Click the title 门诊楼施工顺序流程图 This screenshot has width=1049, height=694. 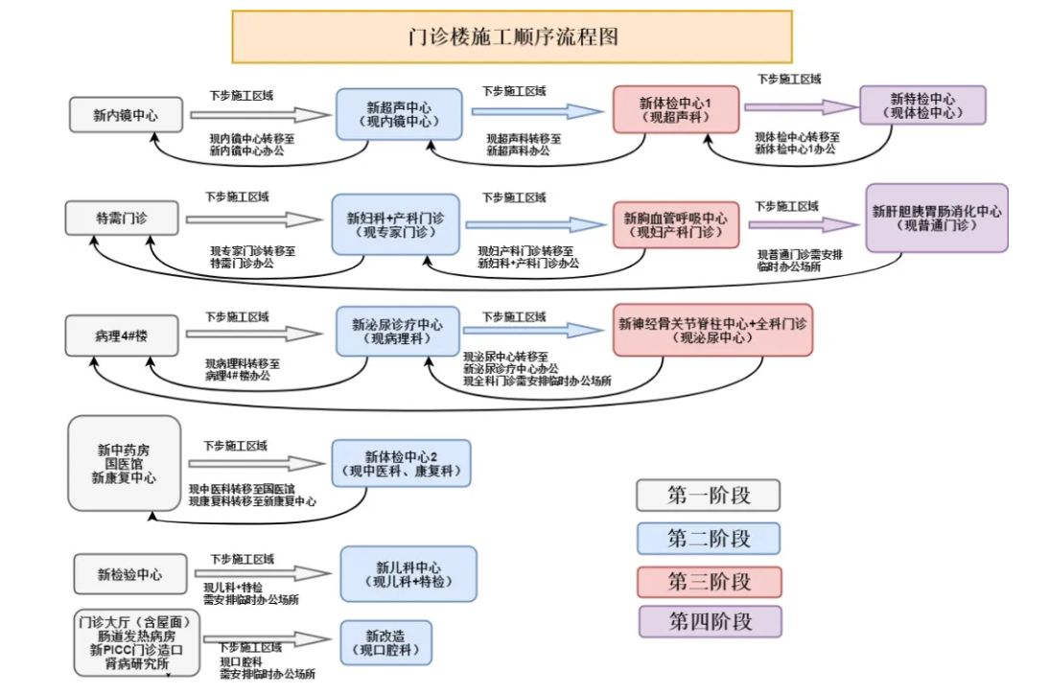(x=512, y=37)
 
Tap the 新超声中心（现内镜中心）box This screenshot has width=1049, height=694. (x=398, y=113)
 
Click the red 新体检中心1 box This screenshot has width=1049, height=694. (x=675, y=110)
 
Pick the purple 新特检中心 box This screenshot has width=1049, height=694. (x=922, y=104)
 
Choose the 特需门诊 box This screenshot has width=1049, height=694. (x=122, y=219)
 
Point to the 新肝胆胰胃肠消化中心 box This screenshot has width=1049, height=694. (x=937, y=218)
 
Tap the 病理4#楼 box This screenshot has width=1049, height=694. (x=122, y=335)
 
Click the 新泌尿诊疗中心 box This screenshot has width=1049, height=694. (x=397, y=332)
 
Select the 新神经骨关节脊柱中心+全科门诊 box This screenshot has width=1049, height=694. (x=712, y=331)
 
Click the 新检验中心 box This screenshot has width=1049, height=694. (x=129, y=575)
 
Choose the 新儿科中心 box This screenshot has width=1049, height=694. (x=408, y=573)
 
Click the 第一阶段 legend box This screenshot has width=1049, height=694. (x=708, y=496)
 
